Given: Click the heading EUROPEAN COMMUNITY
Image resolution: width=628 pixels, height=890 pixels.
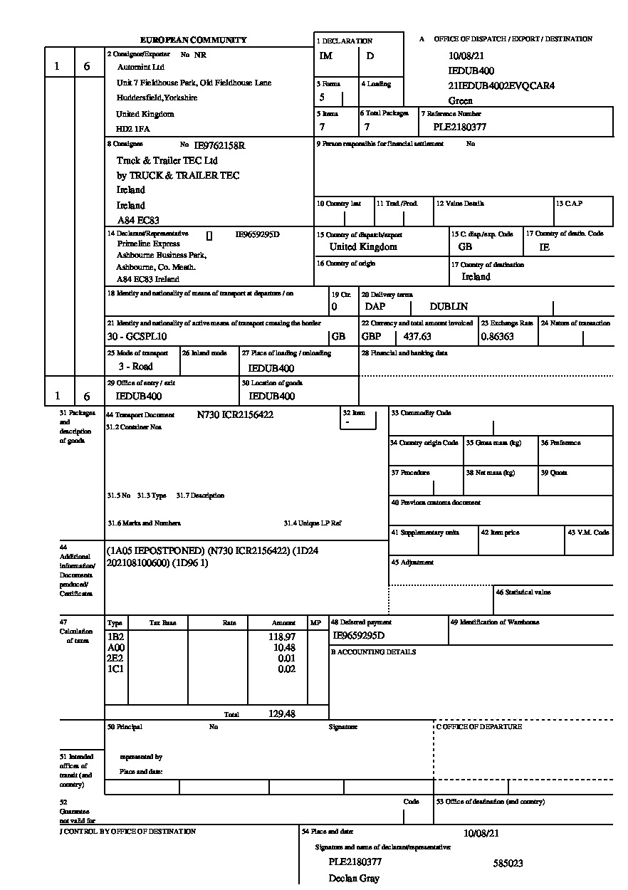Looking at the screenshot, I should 193,41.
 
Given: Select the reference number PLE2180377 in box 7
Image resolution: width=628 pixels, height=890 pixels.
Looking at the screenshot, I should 460,127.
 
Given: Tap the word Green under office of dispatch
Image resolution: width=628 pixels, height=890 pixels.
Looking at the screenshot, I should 460,101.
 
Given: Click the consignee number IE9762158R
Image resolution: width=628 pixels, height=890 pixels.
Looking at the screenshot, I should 219,145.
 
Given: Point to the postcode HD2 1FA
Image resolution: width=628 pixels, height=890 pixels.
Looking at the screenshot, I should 133,130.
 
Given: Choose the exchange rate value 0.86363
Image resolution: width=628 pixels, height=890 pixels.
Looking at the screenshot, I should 497,337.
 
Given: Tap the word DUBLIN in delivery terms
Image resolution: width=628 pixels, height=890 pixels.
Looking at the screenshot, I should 449,307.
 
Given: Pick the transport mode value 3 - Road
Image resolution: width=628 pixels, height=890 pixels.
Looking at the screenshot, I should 135,367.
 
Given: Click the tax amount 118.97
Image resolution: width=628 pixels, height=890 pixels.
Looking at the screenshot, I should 283,637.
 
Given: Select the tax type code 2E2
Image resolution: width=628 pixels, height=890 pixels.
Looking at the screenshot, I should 115,658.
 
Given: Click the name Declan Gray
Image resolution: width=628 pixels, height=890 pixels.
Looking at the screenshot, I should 354,879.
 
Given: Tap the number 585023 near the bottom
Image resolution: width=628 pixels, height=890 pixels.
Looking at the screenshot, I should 508,864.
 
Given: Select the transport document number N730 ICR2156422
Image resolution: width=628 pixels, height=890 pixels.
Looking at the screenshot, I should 235,414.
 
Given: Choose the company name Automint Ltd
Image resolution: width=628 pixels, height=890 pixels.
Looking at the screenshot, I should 140,68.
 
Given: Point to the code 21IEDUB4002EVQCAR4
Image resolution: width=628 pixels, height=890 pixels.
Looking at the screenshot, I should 501,86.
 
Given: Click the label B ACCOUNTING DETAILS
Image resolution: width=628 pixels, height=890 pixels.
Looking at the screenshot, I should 374,652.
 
